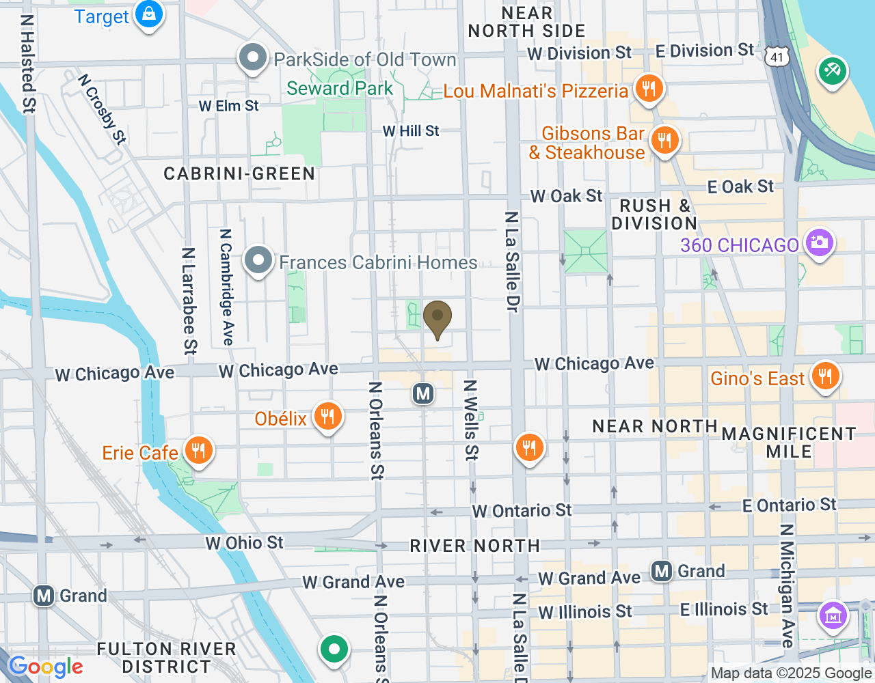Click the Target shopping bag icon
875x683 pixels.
point(148,14)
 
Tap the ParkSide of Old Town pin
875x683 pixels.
point(253,59)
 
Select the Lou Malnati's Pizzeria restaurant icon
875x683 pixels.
point(648,89)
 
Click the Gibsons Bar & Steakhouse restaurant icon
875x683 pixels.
point(664,141)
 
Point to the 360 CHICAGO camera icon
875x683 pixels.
point(818,243)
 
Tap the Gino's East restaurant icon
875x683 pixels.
point(825,376)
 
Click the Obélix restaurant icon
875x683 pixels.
point(327,417)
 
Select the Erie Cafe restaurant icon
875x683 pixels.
point(198,451)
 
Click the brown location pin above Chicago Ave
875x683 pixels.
point(437,318)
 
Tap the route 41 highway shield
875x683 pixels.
point(777,57)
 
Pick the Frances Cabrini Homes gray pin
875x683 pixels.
point(258,261)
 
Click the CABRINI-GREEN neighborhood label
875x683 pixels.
point(239,174)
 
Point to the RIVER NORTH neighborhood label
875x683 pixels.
point(474,546)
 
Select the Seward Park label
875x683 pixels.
point(340,89)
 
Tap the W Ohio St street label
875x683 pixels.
point(244,543)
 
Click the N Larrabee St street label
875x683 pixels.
point(189,301)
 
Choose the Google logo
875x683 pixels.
point(45,667)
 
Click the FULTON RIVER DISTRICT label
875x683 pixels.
point(166,658)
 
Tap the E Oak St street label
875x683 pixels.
point(740,186)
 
